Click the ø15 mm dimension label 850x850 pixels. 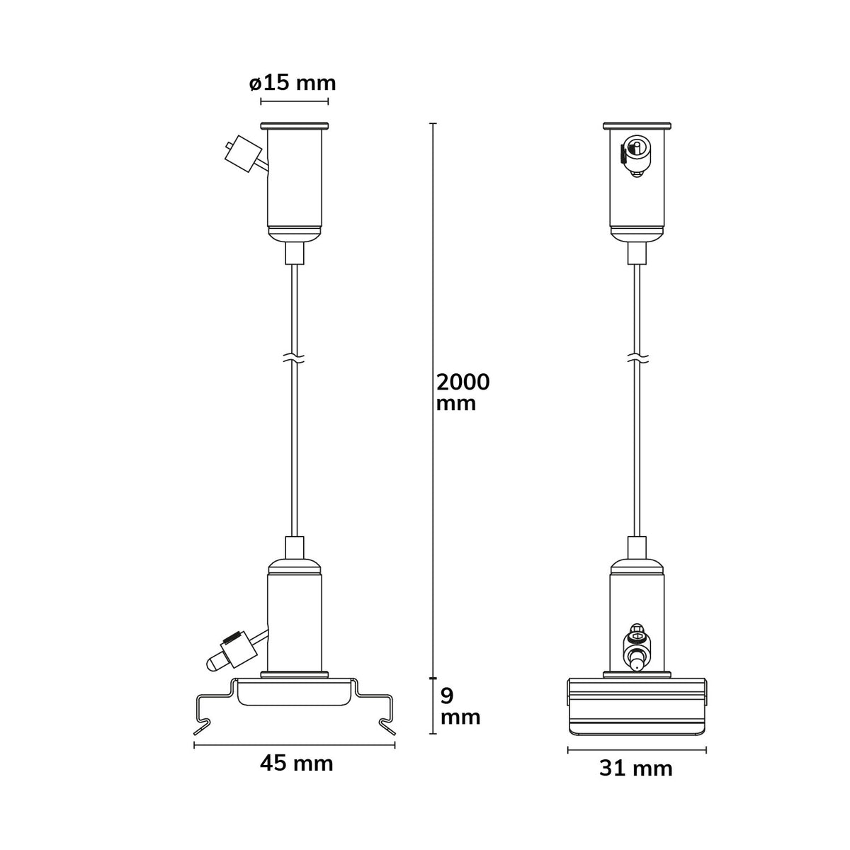tap(293, 83)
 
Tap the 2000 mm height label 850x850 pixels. tap(463, 392)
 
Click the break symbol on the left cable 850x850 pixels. tap(295, 358)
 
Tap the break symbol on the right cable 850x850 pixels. tap(637, 358)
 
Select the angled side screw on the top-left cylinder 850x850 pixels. tap(245, 154)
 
